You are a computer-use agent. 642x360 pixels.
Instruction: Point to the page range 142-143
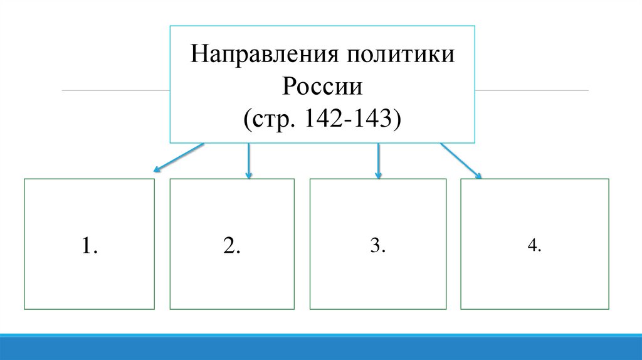point(352,117)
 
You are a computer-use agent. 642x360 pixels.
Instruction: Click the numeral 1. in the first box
point(89,246)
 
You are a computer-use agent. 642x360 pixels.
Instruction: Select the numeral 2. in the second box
point(231,246)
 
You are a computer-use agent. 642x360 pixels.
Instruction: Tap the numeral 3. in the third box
point(377,246)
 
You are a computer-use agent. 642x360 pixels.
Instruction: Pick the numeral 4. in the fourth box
point(534,246)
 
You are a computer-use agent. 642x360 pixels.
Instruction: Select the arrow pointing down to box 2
point(249,160)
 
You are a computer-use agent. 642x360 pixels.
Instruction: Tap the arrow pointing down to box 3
point(378,160)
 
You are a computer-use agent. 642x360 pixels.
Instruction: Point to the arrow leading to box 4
point(461,161)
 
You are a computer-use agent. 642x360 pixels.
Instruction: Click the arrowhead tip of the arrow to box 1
point(154,170)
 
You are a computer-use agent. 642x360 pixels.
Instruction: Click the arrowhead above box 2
point(249,175)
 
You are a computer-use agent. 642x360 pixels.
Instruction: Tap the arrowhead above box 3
point(378,175)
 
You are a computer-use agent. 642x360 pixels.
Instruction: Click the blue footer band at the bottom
point(321,347)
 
